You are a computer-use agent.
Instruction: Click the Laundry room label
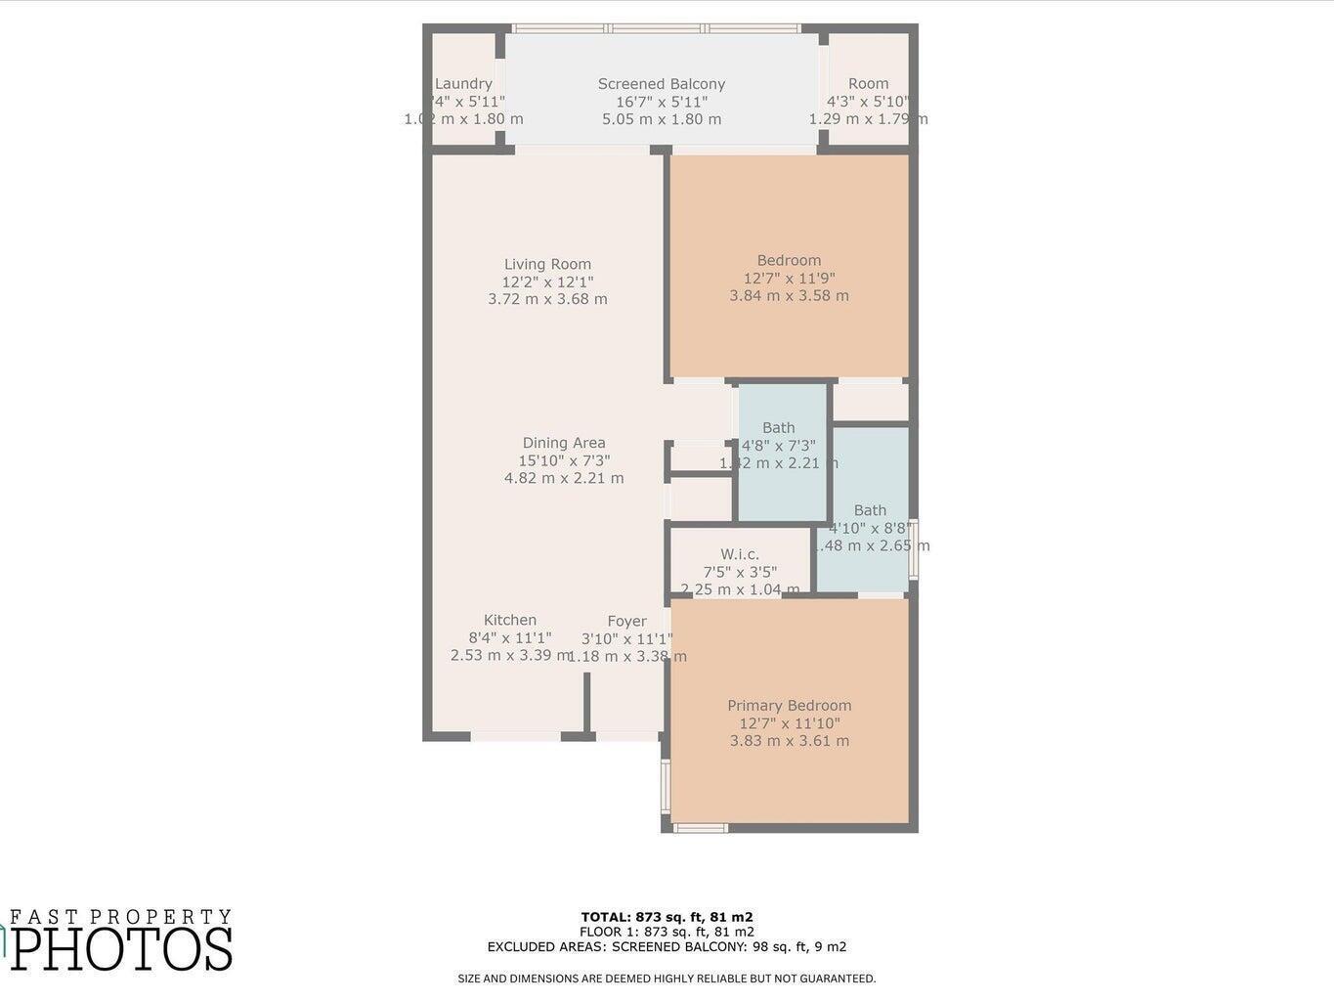(x=463, y=84)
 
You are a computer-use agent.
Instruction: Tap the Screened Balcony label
(x=662, y=84)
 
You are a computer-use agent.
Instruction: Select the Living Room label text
(x=547, y=264)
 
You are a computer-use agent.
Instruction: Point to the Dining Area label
(x=564, y=443)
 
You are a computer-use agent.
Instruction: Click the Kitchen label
(x=510, y=620)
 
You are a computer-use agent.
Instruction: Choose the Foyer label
(x=626, y=621)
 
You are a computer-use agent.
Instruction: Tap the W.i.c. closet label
(x=740, y=554)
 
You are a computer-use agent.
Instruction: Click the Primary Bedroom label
(x=789, y=706)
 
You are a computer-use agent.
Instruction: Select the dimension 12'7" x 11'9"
(x=789, y=278)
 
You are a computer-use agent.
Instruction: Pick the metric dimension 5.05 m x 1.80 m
(x=662, y=119)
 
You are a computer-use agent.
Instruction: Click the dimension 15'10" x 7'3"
(x=564, y=460)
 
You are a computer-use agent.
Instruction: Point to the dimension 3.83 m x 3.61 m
(x=789, y=741)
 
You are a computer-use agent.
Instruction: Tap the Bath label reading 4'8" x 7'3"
(x=779, y=428)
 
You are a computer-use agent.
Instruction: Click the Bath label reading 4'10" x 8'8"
(x=870, y=510)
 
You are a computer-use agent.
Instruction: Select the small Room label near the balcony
(x=868, y=84)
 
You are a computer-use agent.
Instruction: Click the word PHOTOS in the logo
(x=121, y=948)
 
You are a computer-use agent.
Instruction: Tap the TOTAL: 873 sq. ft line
(x=667, y=917)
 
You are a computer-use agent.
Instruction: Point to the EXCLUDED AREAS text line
(x=667, y=946)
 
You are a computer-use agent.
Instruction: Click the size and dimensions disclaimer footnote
(x=667, y=979)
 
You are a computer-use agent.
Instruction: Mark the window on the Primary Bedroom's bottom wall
(x=701, y=828)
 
